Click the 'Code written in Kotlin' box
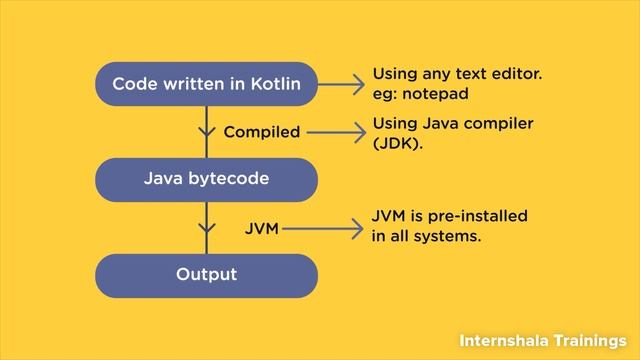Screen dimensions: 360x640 206,84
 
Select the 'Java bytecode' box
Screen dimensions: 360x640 206,180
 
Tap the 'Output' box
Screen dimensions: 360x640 206,274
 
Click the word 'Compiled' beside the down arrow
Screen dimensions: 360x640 262,132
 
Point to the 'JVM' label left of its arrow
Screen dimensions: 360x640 261,229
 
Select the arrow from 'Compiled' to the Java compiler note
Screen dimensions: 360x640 335,132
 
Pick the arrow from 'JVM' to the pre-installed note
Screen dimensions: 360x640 321,229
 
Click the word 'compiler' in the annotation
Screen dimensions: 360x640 502,123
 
